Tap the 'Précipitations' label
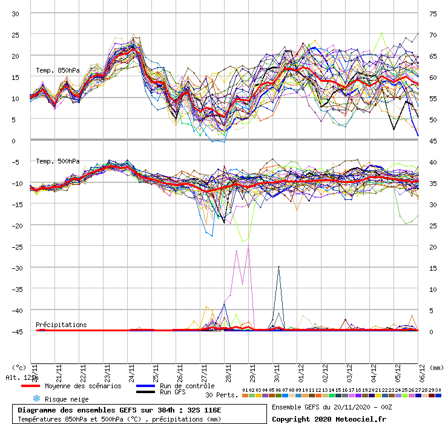point(61,325)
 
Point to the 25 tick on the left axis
point(16,35)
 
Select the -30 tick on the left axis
point(15,268)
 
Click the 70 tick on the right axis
point(433,35)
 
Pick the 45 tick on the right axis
point(433,141)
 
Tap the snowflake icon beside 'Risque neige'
point(36,399)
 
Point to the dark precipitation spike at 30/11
point(278,267)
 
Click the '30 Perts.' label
point(220,395)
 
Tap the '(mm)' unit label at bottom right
point(437,367)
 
